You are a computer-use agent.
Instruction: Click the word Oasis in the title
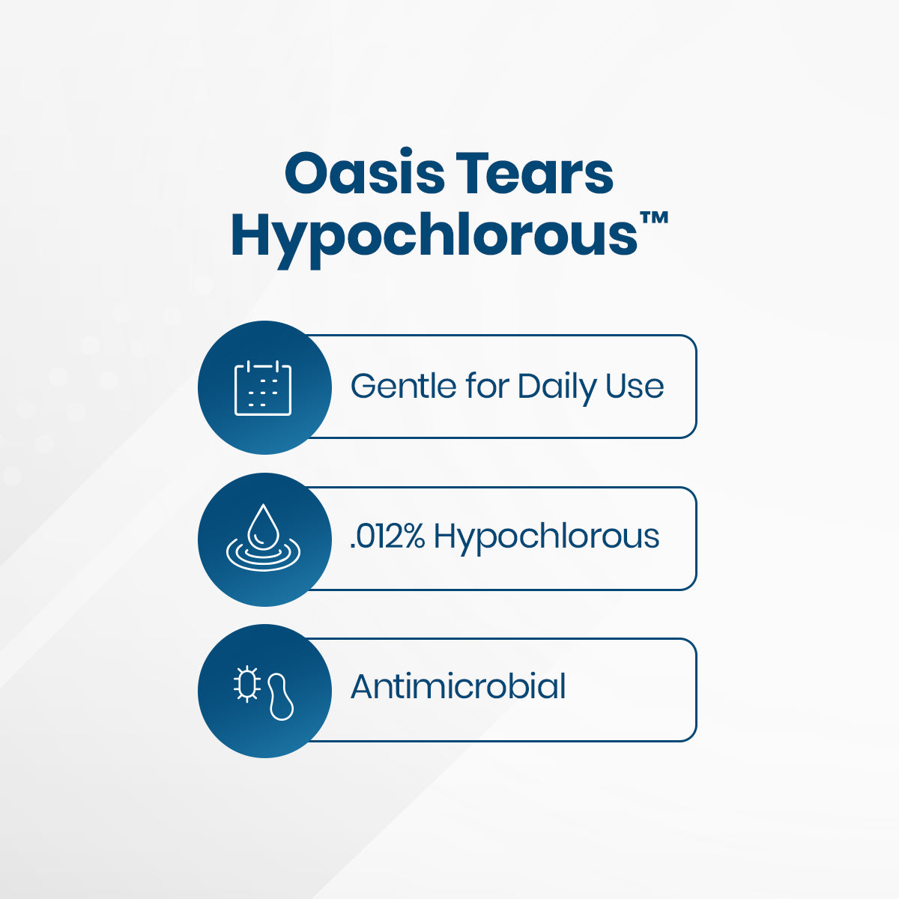tap(364, 172)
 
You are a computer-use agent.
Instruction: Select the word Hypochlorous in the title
tap(434, 234)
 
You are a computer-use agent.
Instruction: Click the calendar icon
tap(263, 387)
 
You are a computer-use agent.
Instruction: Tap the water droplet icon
tap(264, 524)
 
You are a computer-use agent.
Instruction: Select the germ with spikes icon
tap(246, 685)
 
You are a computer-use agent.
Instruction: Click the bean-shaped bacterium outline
tap(281, 697)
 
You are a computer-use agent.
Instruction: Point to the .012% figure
tap(387, 536)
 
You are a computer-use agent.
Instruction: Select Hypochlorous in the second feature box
tap(546, 538)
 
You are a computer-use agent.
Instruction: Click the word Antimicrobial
tap(458, 687)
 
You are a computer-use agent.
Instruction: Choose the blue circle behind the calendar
tap(264, 387)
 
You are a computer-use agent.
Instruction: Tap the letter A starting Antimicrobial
tap(364, 687)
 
